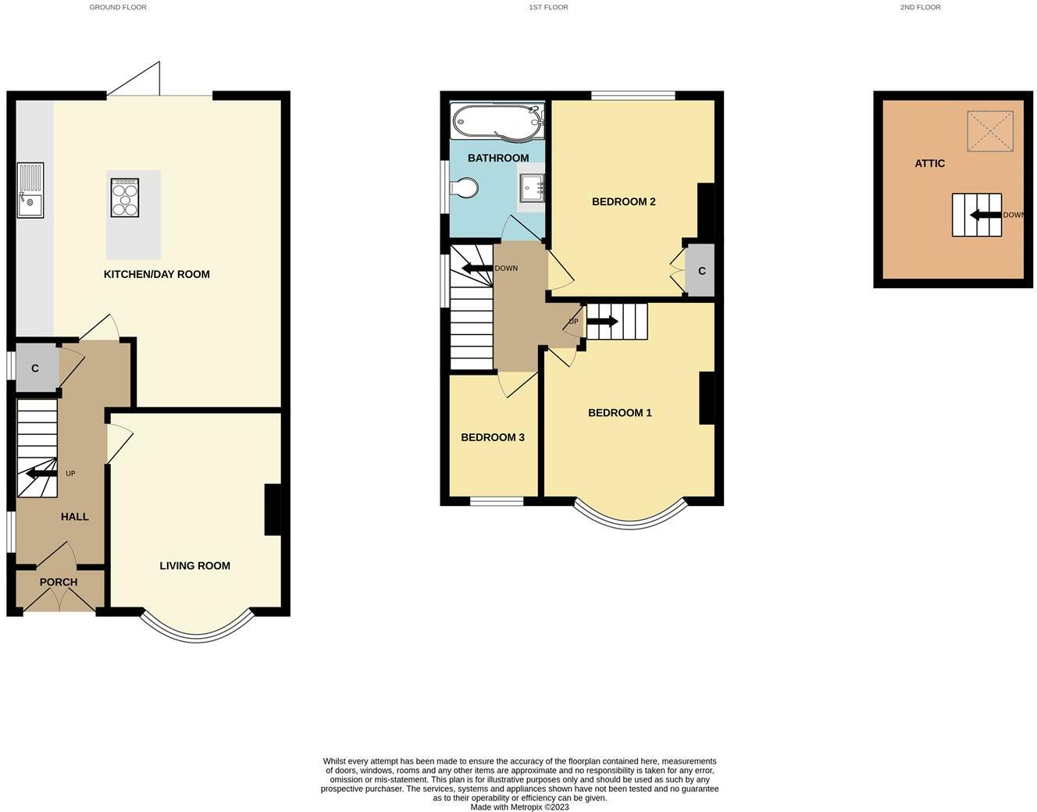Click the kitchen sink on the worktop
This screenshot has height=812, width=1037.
click(x=30, y=191)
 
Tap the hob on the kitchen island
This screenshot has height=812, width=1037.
click(x=125, y=198)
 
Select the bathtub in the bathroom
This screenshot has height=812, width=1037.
click(x=497, y=122)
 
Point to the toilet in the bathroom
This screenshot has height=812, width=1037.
click(x=463, y=187)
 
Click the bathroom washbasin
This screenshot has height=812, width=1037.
click(x=532, y=188)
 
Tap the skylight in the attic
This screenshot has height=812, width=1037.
click(x=989, y=131)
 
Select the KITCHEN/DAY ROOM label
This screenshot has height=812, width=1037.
click(x=156, y=274)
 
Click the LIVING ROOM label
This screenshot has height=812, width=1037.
click(x=194, y=566)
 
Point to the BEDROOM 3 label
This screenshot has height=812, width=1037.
click(x=493, y=437)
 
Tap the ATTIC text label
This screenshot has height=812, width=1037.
click(x=929, y=164)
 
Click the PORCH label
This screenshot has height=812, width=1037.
click(x=59, y=582)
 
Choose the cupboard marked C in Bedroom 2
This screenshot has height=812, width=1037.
click(x=700, y=270)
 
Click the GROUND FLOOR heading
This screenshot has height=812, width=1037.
click(x=118, y=7)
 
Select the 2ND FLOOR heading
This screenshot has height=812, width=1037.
click(x=921, y=7)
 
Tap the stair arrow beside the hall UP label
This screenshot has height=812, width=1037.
click(x=42, y=474)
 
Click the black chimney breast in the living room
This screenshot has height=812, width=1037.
click(x=273, y=510)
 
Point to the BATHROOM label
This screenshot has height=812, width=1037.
click(x=498, y=158)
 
